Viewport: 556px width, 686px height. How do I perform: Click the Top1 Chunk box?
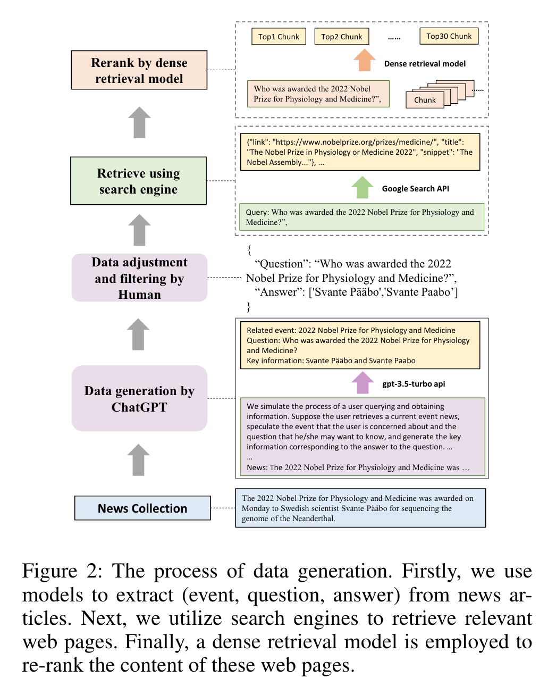tap(279, 36)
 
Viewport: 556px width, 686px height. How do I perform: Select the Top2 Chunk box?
tap(341, 36)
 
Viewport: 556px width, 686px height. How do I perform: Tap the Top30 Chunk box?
tap(449, 36)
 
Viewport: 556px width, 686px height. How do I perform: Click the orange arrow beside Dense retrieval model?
tap(365, 60)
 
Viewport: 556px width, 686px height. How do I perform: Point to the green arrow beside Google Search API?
tap(363, 188)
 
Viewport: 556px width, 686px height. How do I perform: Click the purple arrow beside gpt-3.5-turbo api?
tap(363, 383)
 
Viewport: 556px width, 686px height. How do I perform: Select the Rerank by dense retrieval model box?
tap(139, 70)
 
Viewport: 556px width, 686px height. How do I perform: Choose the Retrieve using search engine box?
tap(138, 181)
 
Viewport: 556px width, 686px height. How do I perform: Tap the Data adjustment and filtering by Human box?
tap(139, 278)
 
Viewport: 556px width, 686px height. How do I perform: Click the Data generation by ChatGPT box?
tap(139, 398)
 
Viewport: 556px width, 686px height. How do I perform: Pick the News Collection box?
tap(142, 508)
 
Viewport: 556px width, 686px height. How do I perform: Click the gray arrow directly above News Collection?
tap(139, 460)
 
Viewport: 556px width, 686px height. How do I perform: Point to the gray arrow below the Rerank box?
tap(139, 122)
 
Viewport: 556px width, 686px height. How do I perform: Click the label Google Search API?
tap(415, 189)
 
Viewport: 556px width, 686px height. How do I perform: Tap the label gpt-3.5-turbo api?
tap(414, 384)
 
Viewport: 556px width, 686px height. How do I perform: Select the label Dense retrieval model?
tap(425, 64)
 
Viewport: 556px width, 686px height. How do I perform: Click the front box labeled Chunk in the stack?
tap(425, 100)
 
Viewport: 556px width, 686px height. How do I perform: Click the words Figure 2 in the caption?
tap(62, 571)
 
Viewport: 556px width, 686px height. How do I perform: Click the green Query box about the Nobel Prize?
tap(361, 217)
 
